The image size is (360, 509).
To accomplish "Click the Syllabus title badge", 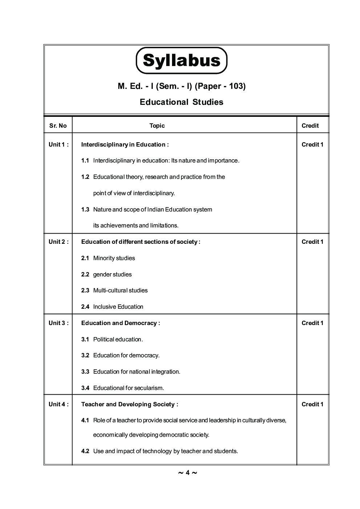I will [181, 60].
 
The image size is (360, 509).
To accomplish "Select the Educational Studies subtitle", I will [181, 102].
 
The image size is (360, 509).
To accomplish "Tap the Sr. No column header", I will [58, 126].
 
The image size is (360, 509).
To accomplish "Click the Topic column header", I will [157, 126].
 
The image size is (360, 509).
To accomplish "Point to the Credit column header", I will [310, 126].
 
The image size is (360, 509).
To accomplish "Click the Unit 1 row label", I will [58, 144].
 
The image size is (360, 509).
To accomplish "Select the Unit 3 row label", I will [58, 323].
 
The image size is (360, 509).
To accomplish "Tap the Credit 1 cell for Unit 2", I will [312, 242].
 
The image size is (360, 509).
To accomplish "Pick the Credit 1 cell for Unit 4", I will [312, 404].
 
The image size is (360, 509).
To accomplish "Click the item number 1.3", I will [85, 209].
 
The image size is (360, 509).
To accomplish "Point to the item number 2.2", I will [85, 274].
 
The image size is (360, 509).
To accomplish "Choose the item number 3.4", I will [85, 388].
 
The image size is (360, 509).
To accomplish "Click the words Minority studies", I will [114, 258].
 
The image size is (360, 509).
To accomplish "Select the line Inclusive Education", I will [118, 307].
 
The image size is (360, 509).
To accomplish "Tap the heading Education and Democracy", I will [120, 323].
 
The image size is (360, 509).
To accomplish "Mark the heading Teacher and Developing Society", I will [130, 404].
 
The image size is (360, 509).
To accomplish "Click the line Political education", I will [118, 339].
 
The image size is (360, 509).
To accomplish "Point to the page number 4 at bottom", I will [188, 472].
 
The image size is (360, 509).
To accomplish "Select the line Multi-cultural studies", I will [120, 290].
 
